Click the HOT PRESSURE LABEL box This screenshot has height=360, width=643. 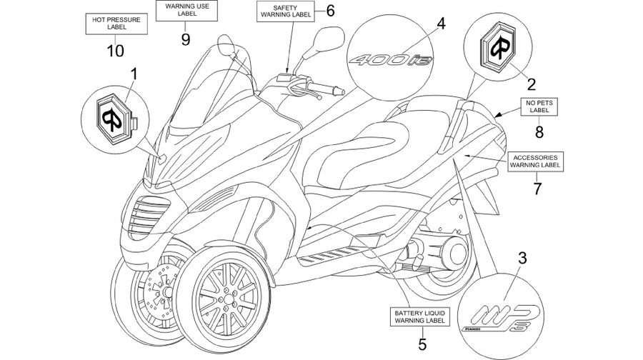(116, 24)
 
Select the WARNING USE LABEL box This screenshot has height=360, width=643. (186, 10)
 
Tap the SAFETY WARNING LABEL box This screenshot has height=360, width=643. (286, 11)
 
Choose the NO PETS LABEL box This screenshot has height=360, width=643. (539, 106)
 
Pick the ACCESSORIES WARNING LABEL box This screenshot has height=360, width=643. (535, 161)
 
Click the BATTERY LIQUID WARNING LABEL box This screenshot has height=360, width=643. (419, 317)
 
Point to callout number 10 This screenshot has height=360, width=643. (115, 51)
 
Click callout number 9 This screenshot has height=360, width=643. (186, 39)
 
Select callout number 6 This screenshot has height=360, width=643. (330, 11)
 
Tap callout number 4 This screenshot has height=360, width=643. (440, 24)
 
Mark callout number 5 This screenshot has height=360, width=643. (422, 344)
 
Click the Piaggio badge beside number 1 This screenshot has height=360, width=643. (113, 115)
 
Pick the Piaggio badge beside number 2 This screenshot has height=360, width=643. (498, 48)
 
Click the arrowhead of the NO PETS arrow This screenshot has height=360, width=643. (497, 116)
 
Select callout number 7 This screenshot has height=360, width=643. (537, 188)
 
